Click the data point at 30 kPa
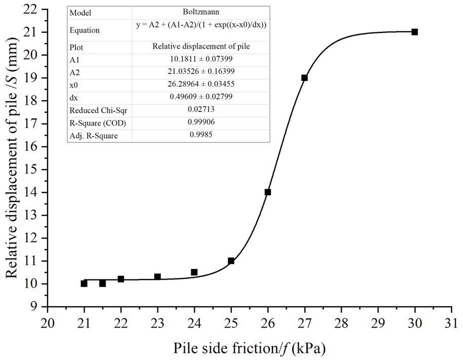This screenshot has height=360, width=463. pyautogui.click(x=415, y=32)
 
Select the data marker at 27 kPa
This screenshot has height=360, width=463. pyautogui.click(x=305, y=77)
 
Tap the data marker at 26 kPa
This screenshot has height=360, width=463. pyautogui.click(x=268, y=192)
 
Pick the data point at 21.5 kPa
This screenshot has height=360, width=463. pyautogui.click(x=102, y=284)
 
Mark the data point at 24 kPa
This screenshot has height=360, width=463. pyautogui.click(x=194, y=272)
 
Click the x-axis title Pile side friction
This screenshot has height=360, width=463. pyautogui.click(x=249, y=348)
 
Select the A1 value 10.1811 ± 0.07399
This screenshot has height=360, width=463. pyautogui.click(x=201, y=59)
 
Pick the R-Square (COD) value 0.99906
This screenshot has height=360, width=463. pyautogui.click(x=201, y=123)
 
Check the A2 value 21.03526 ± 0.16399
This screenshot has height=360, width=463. pyautogui.click(x=201, y=72)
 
